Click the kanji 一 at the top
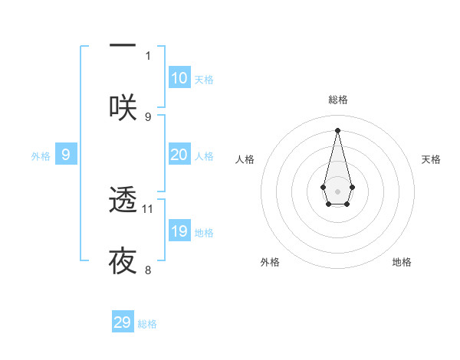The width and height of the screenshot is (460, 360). (x=122, y=45)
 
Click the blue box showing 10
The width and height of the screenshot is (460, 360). (x=179, y=78)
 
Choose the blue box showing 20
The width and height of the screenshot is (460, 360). (x=179, y=155)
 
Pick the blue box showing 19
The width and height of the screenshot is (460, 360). (x=179, y=231)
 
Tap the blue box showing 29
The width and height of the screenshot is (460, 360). (x=123, y=322)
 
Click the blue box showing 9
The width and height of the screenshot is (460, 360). (x=66, y=155)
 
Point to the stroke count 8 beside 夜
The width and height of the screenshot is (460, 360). (x=148, y=270)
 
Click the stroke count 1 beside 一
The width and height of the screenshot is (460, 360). (x=148, y=55)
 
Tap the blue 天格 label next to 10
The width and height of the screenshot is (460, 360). (x=204, y=80)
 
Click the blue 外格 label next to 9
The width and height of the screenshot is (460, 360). (x=41, y=156)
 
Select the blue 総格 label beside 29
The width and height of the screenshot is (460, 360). (x=147, y=324)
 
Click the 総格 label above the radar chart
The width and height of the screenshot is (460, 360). (x=338, y=100)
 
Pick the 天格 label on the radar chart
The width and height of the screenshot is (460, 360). (x=431, y=159)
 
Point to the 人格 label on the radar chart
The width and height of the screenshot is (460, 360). (x=245, y=159)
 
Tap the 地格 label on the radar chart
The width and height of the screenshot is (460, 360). (x=402, y=262)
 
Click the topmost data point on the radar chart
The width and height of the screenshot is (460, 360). (x=338, y=129)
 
